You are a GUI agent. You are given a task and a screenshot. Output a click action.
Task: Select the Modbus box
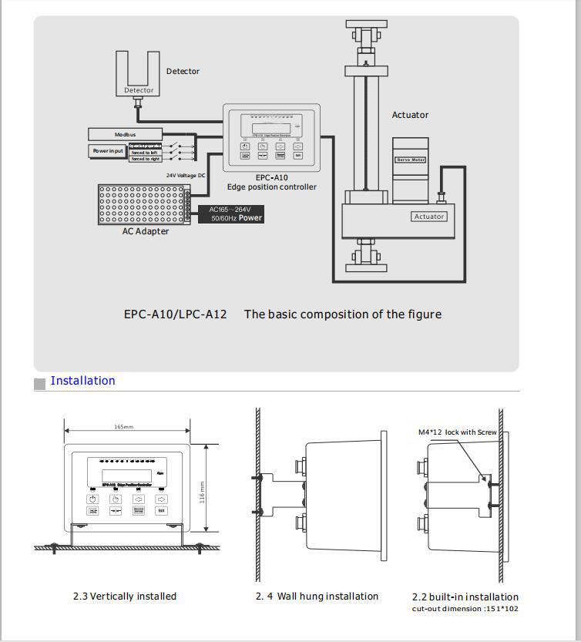[126, 135]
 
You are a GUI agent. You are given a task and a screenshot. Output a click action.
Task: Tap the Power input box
[108, 151]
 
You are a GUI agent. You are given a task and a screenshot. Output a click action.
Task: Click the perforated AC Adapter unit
[144, 204]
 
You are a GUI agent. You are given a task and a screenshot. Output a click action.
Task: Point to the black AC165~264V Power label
[236, 213]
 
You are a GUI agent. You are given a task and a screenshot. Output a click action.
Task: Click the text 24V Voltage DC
[186, 175]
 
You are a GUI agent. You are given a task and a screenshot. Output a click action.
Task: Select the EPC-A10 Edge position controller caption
[271, 182]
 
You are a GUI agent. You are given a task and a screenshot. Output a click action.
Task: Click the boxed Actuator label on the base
[429, 217]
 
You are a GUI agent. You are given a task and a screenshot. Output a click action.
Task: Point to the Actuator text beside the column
[410, 115]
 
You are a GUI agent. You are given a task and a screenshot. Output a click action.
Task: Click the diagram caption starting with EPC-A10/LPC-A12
[282, 314]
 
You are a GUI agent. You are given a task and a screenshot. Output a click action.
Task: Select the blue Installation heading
[82, 381]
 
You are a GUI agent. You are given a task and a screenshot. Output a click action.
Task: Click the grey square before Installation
[40, 384]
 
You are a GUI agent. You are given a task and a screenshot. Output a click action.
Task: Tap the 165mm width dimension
[124, 427]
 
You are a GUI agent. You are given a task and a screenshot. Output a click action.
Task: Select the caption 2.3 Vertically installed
[125, 596]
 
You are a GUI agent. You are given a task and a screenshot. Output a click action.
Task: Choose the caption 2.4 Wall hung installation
[317, 596]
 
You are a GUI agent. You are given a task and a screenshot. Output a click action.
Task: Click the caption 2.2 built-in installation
[465, 597]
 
